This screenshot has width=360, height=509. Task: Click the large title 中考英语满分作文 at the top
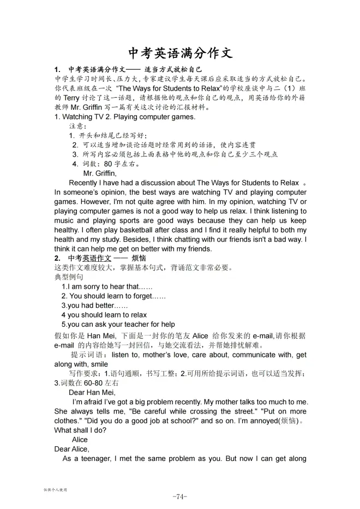pyautogui.click(x=180, y=53)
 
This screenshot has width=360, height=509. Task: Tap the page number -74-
pyautogui.click(x=179, y=496)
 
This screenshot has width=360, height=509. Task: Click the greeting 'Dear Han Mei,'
pyautogui.click(x=92, y=392)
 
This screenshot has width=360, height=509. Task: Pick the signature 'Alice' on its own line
pyautogui.click(x=80, y=439)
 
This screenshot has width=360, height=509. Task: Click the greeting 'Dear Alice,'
pyautogui.click(x=71, y=449)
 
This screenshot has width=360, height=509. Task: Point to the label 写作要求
pyautogui.click(x=84, y=374)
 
